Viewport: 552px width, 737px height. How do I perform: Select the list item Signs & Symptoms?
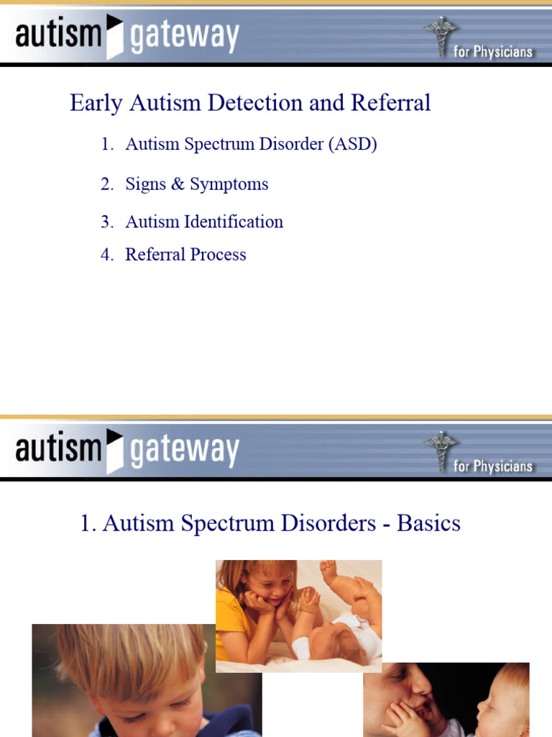(196, 184)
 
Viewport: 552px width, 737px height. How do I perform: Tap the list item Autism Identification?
(204, 222)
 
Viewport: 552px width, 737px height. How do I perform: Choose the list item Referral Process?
(185, 255)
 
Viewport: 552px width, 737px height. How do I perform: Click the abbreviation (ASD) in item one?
(352, 144)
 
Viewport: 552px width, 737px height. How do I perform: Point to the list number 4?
(107, 255)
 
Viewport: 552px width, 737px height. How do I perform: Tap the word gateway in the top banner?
(184, 37)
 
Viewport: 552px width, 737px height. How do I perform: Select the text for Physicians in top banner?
(493, 52)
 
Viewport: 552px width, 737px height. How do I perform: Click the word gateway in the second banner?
(184, 451)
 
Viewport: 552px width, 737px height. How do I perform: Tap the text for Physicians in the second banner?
(493, 466)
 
